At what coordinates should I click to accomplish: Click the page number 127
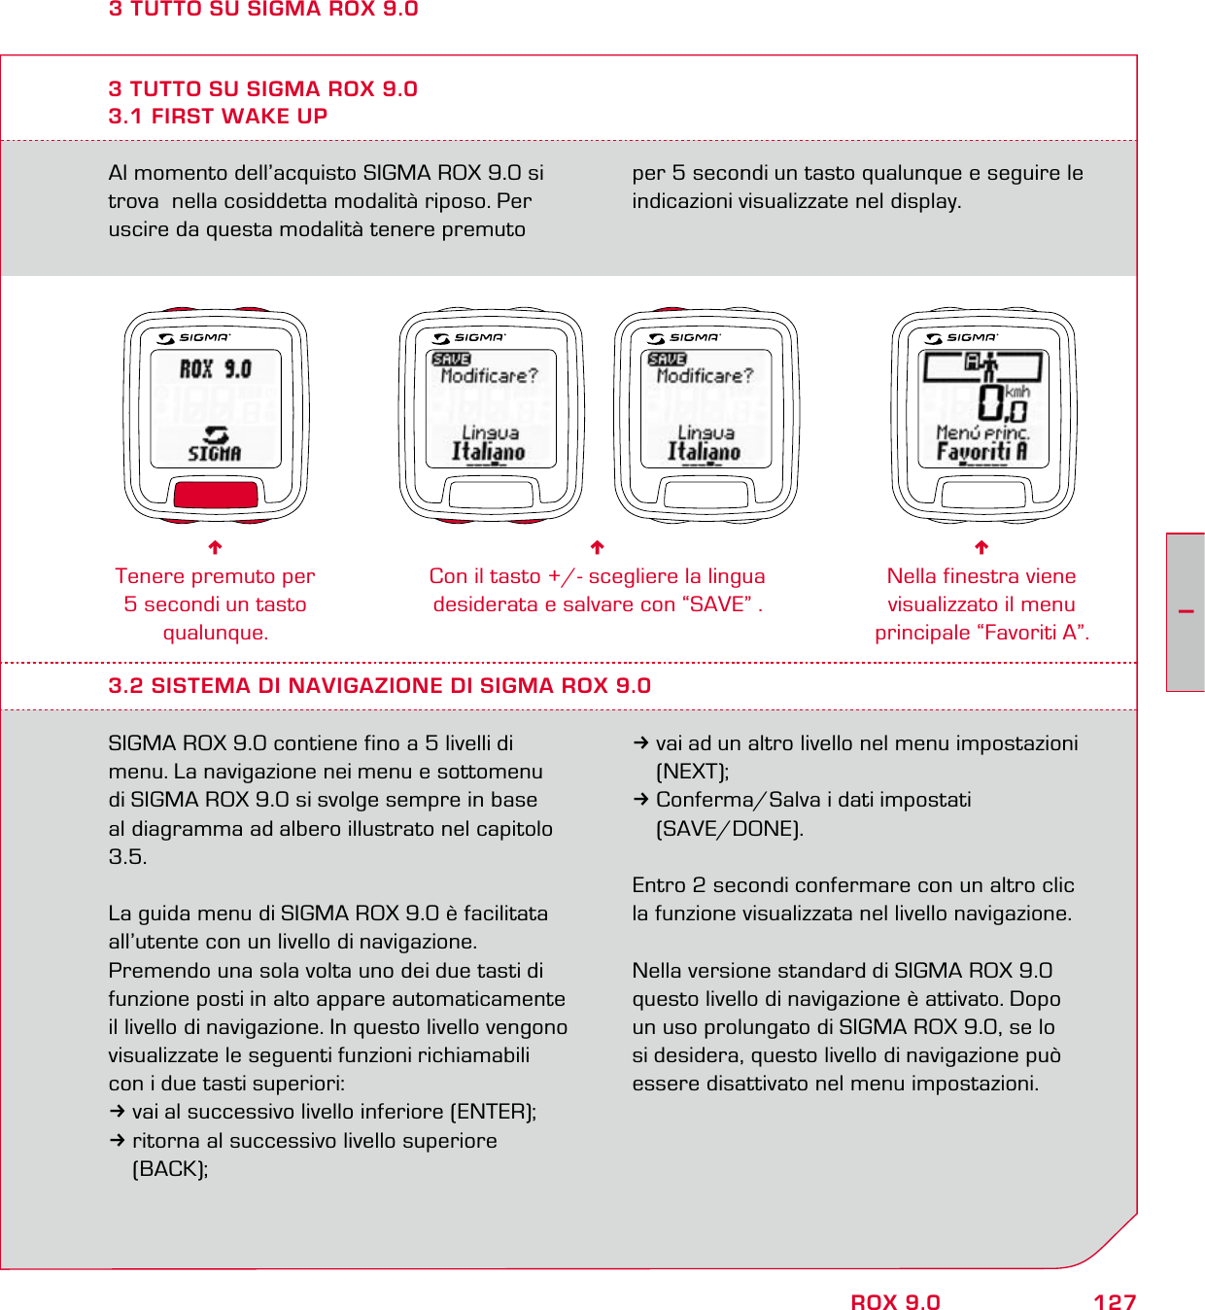(x=1114, y=1302)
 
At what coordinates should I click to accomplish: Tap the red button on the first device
(x=216, y=494)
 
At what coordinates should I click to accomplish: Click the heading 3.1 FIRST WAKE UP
(x=218, y=116)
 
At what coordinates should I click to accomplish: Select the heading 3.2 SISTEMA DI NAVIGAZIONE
(x=379, y=685)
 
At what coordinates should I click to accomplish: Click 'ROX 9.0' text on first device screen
(x=216, y=369)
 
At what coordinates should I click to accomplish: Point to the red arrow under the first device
(x=216, y=547)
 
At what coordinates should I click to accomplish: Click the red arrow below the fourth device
(x=981, y=547)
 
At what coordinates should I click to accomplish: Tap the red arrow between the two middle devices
(x=598, y=547)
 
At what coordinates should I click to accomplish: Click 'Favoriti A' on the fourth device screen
(x=981, y=452)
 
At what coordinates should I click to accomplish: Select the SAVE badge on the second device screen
(x=451, y=359)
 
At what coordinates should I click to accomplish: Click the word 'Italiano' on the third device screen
(x=705, y=452)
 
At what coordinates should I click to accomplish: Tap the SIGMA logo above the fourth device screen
(x=962, y=337)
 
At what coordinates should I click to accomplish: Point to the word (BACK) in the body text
(x=169, y=1168)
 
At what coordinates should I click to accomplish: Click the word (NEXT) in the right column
(x=692, y=771)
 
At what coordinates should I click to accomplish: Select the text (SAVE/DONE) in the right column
(x=729, y=828)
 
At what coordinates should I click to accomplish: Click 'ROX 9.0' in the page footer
(x=895, y=1302)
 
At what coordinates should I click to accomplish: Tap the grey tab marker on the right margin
(x=1186, y=612)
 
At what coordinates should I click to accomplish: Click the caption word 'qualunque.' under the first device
(x=216, y=632)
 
